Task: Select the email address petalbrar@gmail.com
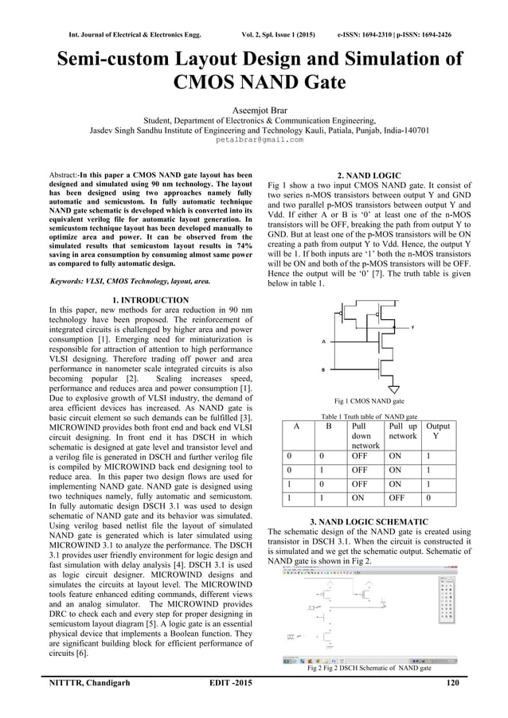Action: (254, 139)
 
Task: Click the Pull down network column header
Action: (365, 436)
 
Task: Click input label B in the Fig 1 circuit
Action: (323, 370)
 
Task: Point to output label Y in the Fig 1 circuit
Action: (412, 327)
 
